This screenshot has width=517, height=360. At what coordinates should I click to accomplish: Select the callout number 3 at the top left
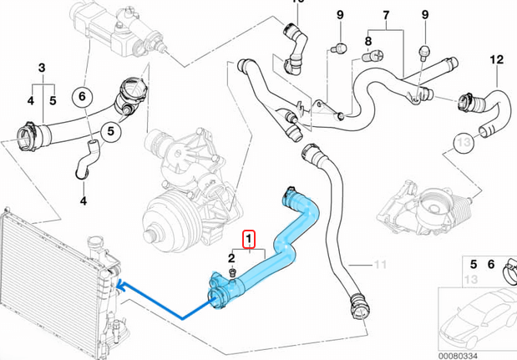click(42, 67)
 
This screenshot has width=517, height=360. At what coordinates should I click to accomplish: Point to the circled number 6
click(82, 97)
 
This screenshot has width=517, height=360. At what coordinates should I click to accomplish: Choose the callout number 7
click(386, 17)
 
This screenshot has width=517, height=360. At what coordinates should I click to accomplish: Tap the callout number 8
click(368, 40)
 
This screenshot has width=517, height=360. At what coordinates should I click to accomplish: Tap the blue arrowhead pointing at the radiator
click(122, 286)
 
